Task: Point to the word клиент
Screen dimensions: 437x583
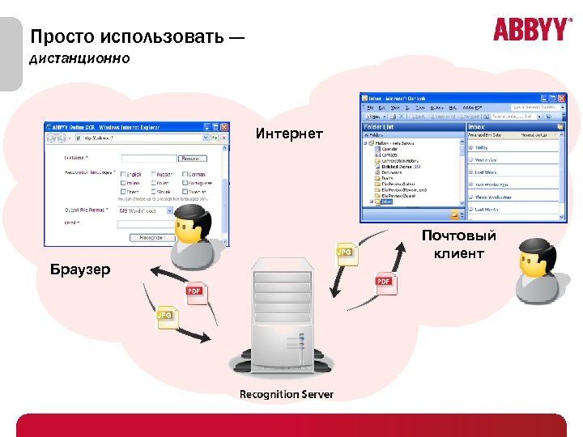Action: [x=458, y=253]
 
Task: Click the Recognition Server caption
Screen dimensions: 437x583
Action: [x=286, y=394]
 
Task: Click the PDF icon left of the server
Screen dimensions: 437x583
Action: [x=194, y=294]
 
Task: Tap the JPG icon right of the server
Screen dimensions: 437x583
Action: [x=343, y=254]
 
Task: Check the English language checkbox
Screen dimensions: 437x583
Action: [x=124, y=173]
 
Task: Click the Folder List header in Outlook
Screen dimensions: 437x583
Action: [x=379, y=126]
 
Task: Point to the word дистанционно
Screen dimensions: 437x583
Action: [x=79, y=59]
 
